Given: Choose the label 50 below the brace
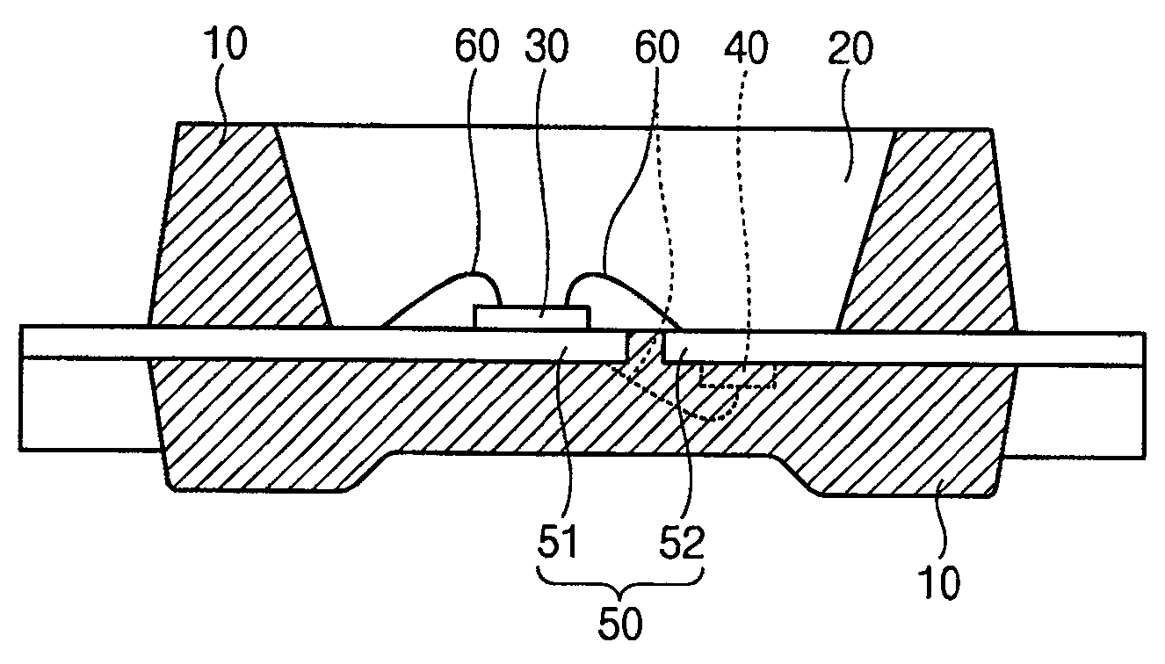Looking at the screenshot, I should pos(620,623).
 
